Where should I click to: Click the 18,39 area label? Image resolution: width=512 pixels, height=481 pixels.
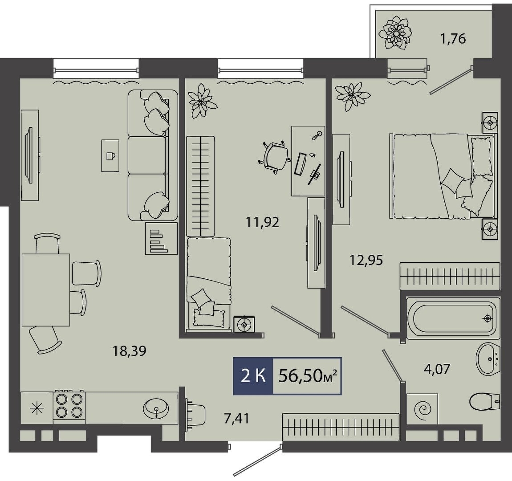(129, 351)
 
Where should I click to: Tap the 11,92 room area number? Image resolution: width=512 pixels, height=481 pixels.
(262, 222)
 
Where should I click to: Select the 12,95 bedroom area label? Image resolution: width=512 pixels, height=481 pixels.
(366, 260)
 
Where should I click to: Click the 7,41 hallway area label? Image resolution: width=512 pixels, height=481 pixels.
(237, 418)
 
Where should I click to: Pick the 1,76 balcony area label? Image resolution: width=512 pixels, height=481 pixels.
(452, 39)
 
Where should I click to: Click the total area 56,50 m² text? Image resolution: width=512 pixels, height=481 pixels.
(307, 376)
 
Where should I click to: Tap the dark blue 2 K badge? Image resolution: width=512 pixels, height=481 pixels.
(253, 376)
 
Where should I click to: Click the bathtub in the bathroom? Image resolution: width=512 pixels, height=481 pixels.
(453, 318)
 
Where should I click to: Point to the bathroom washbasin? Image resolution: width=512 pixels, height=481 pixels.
(488, 359)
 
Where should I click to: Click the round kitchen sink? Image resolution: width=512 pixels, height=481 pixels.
(156, 408)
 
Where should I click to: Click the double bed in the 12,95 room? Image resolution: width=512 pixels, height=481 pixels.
(443, 176)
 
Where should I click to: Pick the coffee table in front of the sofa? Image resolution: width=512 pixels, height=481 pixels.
(110, 155)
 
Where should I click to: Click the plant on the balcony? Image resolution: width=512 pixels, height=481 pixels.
(395, 33)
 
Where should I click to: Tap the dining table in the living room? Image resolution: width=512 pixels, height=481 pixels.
(46, 290)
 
